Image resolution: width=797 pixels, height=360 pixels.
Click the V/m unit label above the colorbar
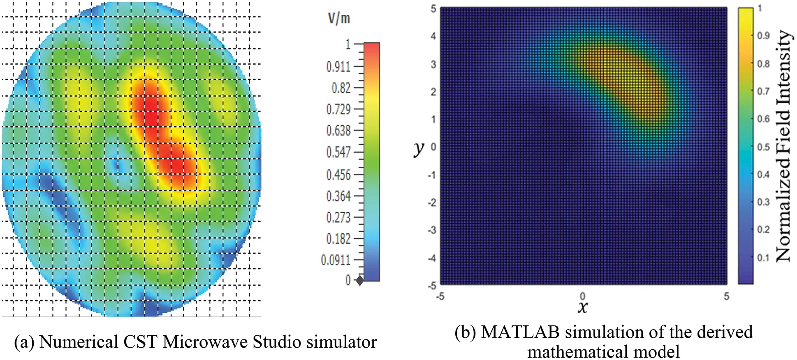[x=339, y=19]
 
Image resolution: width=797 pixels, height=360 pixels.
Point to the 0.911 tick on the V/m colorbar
[x=338, y=67]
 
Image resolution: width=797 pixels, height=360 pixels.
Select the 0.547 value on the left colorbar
[x=338, y=152]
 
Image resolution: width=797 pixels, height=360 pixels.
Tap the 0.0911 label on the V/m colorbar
[x=336, y=260]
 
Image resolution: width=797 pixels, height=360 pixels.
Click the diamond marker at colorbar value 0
[x=359, y=281]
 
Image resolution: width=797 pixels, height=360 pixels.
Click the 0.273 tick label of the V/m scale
[x=338, y=217]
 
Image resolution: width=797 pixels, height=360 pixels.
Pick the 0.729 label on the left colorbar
[x=338, y=109]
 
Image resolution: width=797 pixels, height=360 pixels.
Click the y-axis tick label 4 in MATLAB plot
[x=433, y=36]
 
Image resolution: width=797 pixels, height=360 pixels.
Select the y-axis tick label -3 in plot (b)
[x=432, y=230]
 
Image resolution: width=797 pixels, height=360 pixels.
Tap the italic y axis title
[x=419, y=149]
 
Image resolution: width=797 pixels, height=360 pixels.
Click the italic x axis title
[x=582, y=307]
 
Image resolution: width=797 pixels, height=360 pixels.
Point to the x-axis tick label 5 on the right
[x=726, y=296]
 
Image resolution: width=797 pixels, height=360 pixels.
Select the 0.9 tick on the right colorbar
[x=763, y=36]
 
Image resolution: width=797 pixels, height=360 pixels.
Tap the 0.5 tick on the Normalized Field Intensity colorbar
[x=763, y=147]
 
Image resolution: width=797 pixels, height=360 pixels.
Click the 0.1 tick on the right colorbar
[x=763, y=258]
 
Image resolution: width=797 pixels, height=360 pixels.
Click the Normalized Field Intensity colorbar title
[x=783, y=146]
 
